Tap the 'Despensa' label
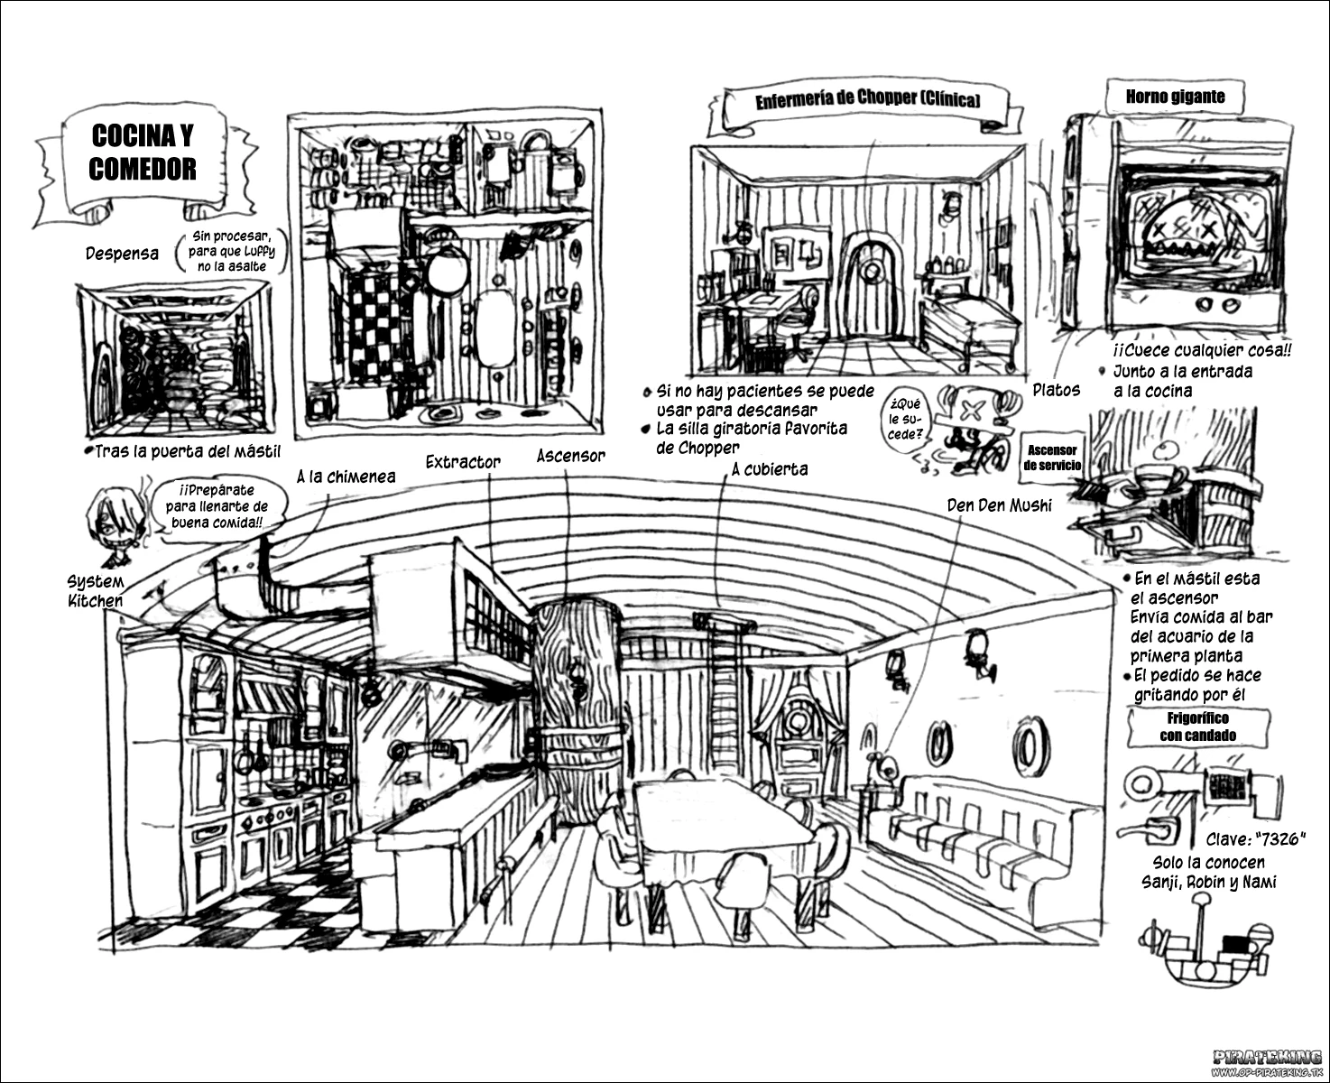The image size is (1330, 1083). tap(122, 254)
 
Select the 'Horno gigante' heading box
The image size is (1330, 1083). tap(1175, 97)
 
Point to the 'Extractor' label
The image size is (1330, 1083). tap(463, 462)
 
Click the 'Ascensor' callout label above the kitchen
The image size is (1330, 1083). tap(571, 456)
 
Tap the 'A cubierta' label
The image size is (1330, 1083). tap(770, 469)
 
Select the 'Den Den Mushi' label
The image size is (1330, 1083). tap(999, 505)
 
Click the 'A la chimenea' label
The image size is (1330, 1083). tap(346, 477)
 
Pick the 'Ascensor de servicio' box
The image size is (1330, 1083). tap(1051, 458)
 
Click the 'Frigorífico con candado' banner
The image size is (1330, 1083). tap(1198, 727)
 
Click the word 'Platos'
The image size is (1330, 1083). tap(1056, 391)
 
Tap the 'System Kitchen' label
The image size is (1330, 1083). tap(95, 591)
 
